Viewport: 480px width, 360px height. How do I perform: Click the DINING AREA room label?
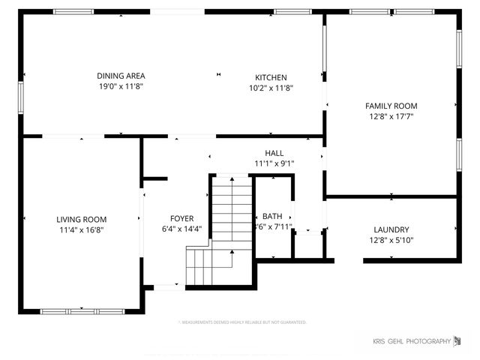120,76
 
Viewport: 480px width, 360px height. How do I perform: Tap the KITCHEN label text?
271,77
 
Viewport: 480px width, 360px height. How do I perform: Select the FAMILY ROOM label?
391,106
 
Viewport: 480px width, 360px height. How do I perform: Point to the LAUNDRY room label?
391,229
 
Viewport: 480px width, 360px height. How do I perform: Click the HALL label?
274,153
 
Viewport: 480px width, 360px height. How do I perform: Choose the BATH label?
271,216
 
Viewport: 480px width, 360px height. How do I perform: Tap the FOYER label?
181,219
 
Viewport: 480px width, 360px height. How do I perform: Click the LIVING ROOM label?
82,219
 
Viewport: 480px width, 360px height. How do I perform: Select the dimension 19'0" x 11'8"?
120,87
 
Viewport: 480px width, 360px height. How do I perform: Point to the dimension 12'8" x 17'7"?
391,116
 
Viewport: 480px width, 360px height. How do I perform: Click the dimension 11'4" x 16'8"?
82,230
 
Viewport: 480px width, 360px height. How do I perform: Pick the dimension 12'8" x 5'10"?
391,241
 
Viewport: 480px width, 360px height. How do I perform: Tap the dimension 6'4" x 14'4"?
181,229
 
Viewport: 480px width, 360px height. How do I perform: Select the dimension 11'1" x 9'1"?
274,163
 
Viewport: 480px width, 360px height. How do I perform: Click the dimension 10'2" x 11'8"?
271,88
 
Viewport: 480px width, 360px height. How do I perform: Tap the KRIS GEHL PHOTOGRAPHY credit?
412,343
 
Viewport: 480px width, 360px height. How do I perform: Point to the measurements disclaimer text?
242,322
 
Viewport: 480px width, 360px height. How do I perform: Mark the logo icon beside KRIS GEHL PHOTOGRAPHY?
457,342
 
